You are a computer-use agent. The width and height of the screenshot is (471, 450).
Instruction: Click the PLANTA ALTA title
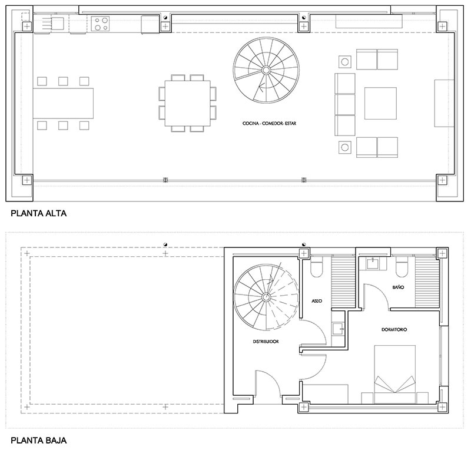click(x=38, y=213)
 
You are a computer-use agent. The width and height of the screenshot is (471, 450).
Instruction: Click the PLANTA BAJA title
click(x=38, y=441)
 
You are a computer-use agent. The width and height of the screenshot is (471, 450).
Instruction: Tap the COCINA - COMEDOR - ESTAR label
click(x=269, y=123)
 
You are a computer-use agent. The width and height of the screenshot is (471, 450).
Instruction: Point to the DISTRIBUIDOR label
click(x=266, y=342)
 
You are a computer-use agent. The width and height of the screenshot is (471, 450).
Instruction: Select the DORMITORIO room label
click(x=394, y=329)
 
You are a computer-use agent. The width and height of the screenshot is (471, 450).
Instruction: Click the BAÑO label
click(x=398, y=287)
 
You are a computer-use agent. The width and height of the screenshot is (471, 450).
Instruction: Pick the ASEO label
click(x=317, y=300)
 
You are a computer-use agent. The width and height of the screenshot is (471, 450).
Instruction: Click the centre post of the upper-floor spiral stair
click(x=266, y=70)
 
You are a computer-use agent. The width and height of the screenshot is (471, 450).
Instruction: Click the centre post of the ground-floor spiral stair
click(x=266, y=297)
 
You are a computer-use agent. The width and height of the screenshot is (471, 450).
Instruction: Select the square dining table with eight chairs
click(x=188, y=103)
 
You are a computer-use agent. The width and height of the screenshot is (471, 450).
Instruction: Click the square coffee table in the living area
click(x=380, y=104)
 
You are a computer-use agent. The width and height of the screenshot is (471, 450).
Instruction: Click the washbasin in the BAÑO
click(x=373, y=264)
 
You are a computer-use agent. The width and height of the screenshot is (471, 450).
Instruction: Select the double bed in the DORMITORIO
click(x=394, y=374)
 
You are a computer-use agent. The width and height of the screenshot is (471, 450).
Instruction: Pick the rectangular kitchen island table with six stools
click(x=63, y=103)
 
